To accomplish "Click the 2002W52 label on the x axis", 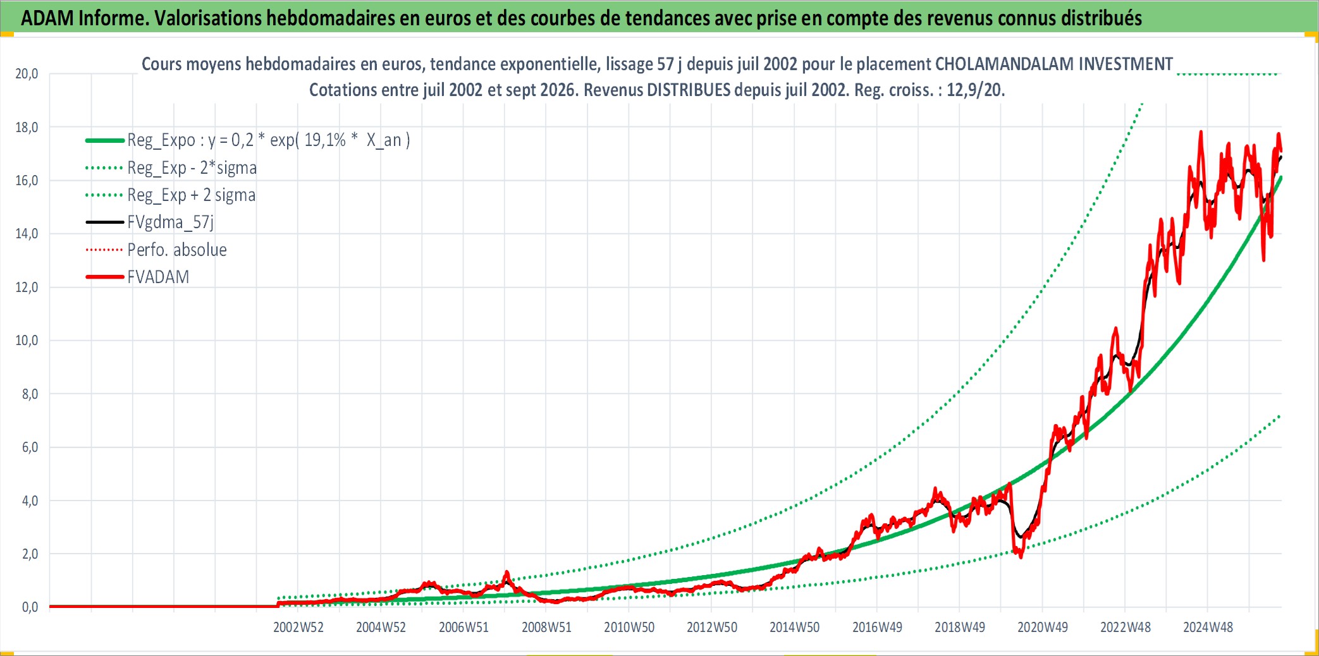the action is [x=298, y=627].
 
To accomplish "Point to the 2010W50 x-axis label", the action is [x=629, y=627].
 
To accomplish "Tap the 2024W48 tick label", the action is [x=1208, y=627].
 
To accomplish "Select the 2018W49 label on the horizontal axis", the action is [x=960, y=627].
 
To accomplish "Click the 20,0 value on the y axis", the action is [x=27, y=74].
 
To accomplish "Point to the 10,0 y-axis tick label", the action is [x=27, y=341].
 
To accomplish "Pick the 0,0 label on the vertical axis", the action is [x=30, y=607].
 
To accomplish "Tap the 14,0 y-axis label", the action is [x=27, y=234].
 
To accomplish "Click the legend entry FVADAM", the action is [x=158, y=277].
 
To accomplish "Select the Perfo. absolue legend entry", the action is [x=177, y=250].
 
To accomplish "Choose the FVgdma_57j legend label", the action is [x=171, y=222].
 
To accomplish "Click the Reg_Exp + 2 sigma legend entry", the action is [x=192, y=195].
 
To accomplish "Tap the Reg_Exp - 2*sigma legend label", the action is [x=192, y=167].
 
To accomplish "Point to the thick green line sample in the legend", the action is [x=105, y=140].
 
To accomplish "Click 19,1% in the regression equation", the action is [x=325, y=140].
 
